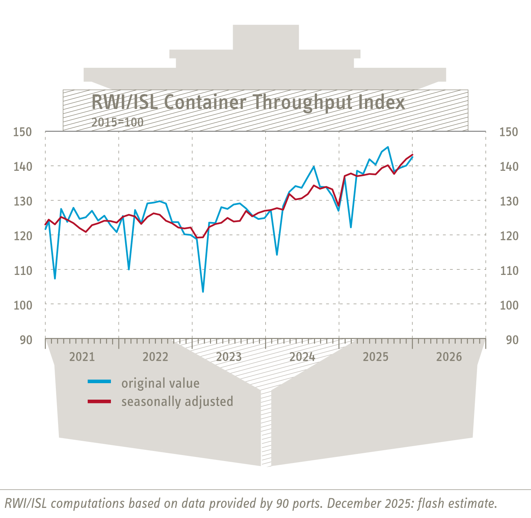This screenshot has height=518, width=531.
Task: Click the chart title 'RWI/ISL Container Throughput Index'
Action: coord(248,102)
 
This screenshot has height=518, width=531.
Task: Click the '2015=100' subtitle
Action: coord(117,122)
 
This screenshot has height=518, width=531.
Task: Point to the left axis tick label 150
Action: coord(22,132)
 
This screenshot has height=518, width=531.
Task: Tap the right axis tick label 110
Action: coord(509,270)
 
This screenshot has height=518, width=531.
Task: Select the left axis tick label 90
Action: coord(26,340)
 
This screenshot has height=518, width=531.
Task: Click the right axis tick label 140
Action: coord(509,166)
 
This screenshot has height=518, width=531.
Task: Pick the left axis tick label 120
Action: coord(22,236)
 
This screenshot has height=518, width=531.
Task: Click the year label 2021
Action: coord(82,357)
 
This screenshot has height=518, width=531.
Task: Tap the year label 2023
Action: coord(229,357)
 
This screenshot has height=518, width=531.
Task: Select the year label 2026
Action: coord(449,357)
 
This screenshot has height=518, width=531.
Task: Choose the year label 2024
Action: coord(302,357)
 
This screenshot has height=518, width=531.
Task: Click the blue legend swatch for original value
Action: coord(99,382)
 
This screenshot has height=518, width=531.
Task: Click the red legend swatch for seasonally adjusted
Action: coord(99,402)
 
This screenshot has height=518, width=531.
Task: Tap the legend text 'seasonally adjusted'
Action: coord(177,402)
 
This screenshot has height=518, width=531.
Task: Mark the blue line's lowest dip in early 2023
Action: coord(203,291)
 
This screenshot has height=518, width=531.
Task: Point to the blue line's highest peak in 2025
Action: coord(387,147)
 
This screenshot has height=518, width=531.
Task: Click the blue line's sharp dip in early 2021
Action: coord(55,278)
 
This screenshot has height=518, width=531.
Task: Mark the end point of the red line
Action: coord(412,155)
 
